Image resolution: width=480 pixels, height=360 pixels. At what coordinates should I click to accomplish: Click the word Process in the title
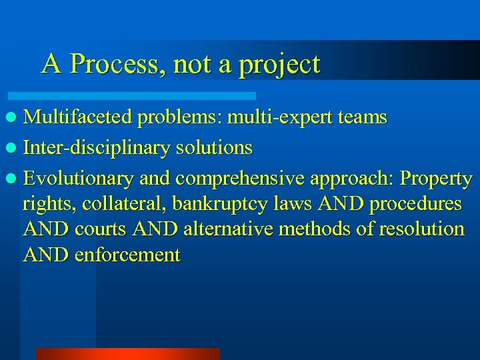click(117, 65)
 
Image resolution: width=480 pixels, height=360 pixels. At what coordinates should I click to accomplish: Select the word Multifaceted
click(79, 117)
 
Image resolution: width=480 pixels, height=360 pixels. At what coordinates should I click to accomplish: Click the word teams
click(363, 117)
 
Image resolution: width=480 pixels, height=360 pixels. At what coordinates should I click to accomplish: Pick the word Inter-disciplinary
click(97, 148)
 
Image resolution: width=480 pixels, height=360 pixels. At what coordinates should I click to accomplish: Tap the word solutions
click(214, 147)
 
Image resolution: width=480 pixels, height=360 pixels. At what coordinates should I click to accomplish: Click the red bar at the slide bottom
click(127, 353)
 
